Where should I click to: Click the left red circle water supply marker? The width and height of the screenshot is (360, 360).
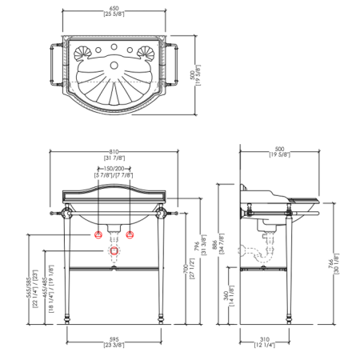point(99,234)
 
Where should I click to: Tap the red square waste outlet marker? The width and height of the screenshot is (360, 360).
point(114,251)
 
